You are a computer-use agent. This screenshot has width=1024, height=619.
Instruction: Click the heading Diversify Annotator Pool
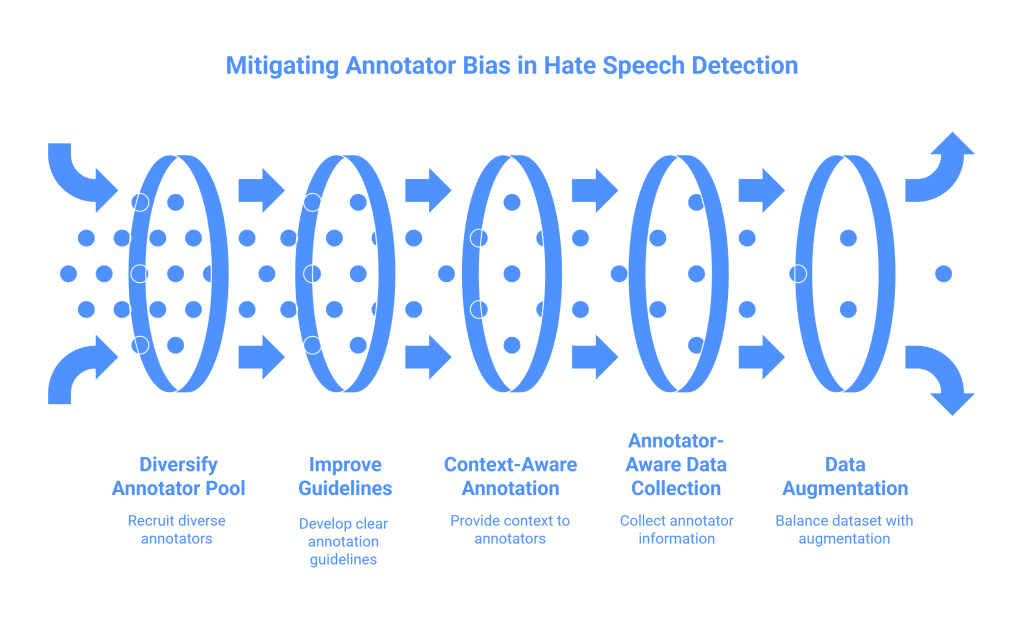pos(177,477)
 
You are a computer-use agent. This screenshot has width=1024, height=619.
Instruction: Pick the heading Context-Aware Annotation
pos(510,477)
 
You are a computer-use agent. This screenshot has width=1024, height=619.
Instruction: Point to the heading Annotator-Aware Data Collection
pos(676,464)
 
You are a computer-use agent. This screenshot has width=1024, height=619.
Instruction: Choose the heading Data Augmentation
pos(844,477)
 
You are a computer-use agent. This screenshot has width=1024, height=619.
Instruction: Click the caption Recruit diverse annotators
pos(177,528)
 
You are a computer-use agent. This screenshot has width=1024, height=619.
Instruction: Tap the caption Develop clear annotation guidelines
pos(343,541)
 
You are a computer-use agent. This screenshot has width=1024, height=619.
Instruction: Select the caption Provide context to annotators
pos(510,528)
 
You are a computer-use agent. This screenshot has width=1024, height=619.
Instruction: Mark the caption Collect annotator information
pos(676,528)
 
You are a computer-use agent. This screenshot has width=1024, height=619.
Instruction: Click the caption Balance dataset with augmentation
pos(844,528)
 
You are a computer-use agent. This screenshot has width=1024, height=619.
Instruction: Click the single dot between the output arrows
pos(943,273)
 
